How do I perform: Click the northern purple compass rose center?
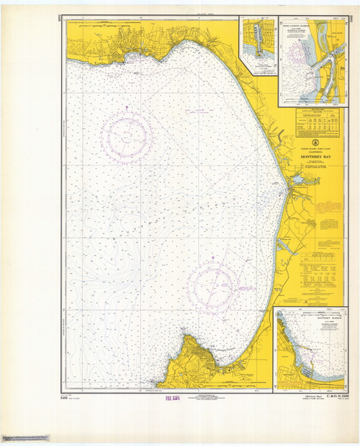[x=127, y=135]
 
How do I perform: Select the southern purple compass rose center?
[x=214, y=285]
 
